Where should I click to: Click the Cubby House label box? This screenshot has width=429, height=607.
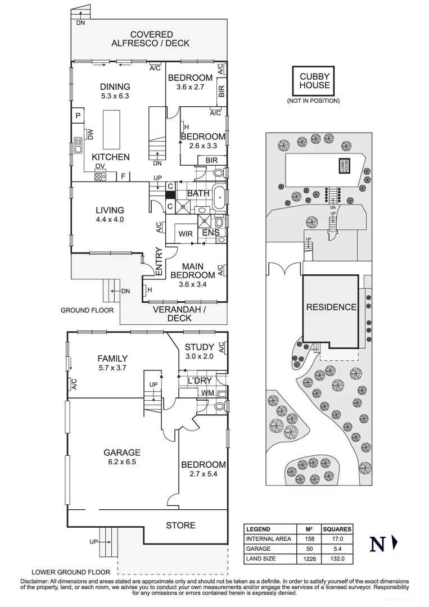tap(314, 81)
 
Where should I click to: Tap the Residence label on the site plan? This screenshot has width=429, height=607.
tap(331, 307)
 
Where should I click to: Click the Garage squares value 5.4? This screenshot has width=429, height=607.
tap(337, 549)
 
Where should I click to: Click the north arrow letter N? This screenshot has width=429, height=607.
tap(377, 544)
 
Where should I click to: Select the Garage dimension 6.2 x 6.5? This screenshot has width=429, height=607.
tap(121, 462)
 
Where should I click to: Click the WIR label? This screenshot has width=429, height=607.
tap(186, 234)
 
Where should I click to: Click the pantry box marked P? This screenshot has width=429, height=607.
tap(77, 116)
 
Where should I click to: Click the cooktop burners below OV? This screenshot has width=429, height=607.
tap(101, 176)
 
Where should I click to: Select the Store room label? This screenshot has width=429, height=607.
tap(180, 526)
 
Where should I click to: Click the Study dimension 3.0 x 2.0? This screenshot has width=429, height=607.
tap(199, 356)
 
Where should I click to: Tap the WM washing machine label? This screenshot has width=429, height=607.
tap(207, 392)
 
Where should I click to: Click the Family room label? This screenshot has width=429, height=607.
tap(112, 359)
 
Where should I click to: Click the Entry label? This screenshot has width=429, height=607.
tap(159, 262)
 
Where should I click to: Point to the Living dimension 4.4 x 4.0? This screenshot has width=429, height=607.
tap(109, 220)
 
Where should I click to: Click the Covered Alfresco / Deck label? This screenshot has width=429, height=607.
tap(150, 39)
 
